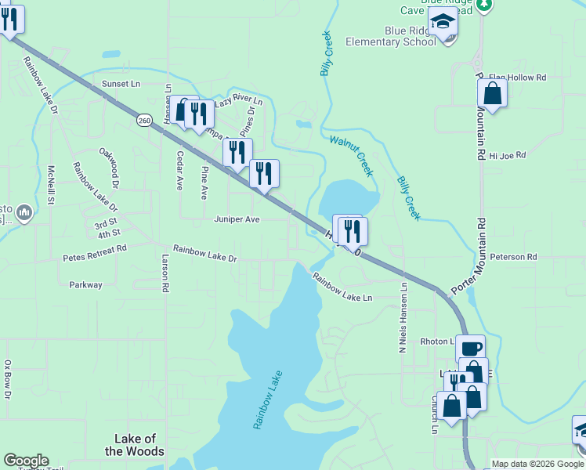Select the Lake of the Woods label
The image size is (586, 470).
tap(135, 445)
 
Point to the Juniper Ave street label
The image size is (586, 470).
tap(237, 220)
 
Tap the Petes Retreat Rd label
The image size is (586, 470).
tap(94, 253)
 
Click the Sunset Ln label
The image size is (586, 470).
tap(120, 83)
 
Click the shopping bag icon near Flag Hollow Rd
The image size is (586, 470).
tap(492, 94)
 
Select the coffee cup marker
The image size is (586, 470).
tap(470, 349)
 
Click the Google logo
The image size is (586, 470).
tap(26, 461)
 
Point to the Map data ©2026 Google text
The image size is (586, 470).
tap(538, 464)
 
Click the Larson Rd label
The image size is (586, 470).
tap(165, 273)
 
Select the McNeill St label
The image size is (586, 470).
tap(50, 185)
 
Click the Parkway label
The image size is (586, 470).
tap(85, 285)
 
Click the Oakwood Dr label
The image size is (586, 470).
tap(109, 168)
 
